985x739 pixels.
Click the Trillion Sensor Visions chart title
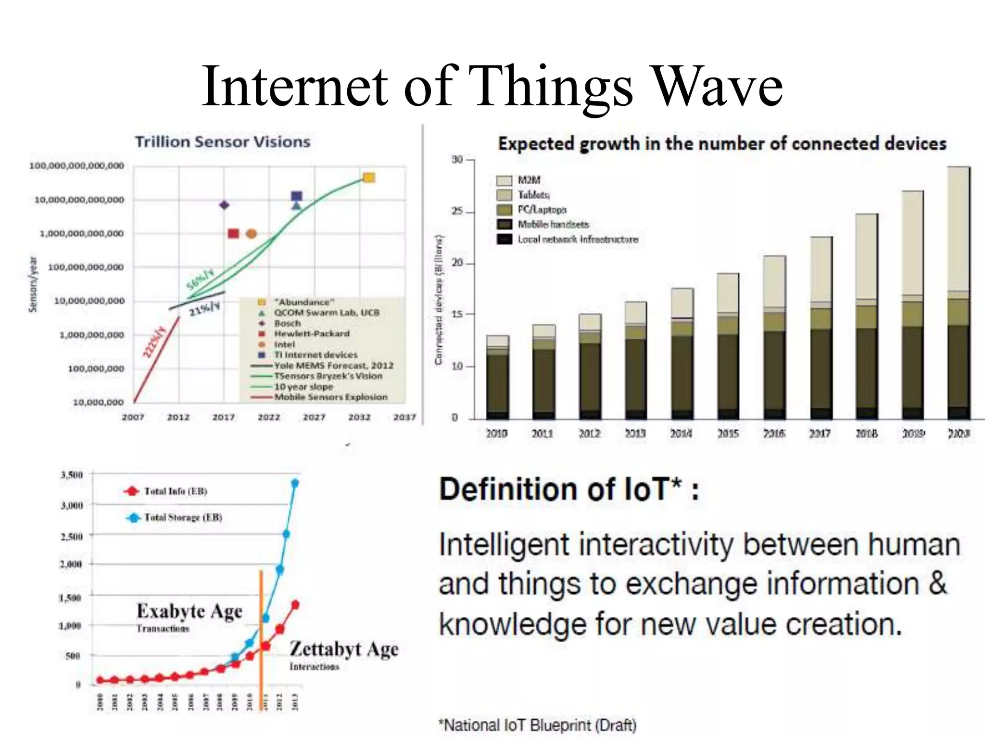coord(222,142)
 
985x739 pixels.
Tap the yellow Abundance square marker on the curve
coord(369,178)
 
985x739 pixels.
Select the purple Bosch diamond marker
coord(224,205)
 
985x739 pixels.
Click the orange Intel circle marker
coord(251,234)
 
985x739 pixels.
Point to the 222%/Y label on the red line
coord(154,342)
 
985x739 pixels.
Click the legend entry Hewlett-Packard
coord(311,333)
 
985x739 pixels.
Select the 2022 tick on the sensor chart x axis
coord(268,417)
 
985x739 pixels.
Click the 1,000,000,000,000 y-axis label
coord(81,233)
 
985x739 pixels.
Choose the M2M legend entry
coord(529,180)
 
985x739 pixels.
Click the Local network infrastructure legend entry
coord(577,239)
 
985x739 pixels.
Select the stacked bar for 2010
coord(497,378)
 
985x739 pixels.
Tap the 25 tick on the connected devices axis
coord(457,212)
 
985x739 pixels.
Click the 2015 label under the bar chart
coord(727,433)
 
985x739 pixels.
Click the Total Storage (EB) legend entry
coord(183,518)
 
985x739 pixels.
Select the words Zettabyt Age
coord(344,649)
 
